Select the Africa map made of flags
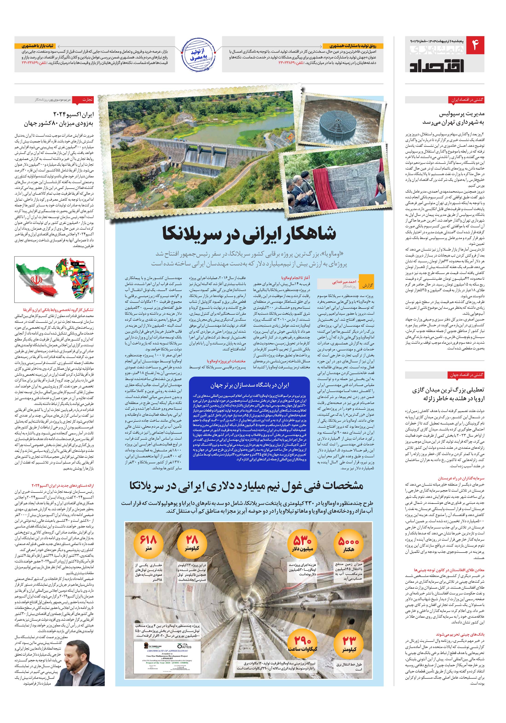[x=75, y=279]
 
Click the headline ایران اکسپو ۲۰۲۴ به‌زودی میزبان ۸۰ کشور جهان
[x=59, y=118]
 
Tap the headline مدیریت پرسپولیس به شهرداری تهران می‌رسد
[x=453, y=118]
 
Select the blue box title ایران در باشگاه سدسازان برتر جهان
[x=249, y=385]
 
